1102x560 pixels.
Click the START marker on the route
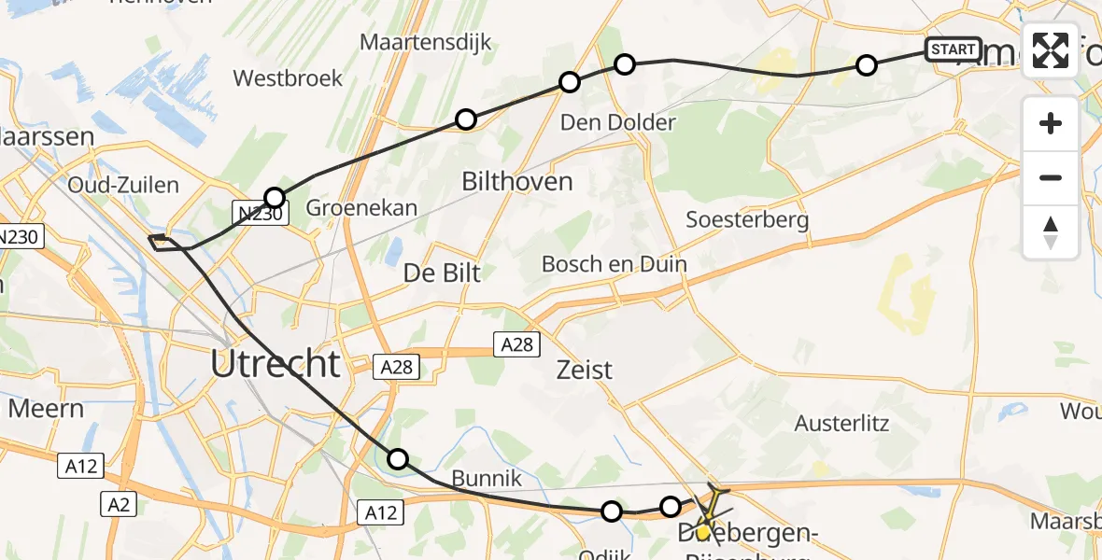(x=953, y=49)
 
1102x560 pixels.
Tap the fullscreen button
(x=1051, y=50)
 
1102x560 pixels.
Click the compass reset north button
(x=1051, y=231)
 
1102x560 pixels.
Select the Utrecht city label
(x=275, y=362)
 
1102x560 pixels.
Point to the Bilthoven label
(x=517, y=181)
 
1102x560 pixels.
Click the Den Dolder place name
(x=617, y=122)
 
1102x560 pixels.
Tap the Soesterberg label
(x=747, y=220)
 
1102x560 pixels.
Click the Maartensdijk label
(x=426, y=43)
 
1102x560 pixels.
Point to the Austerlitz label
(x=841, y=423)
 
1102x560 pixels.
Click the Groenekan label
(x=361, y=207)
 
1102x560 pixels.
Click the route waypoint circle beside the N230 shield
(x=274, y=198)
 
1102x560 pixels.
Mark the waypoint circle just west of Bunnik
(x=398, y=458)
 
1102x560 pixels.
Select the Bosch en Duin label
(x=614, y=264)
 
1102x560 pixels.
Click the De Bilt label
(x=442, y=273)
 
